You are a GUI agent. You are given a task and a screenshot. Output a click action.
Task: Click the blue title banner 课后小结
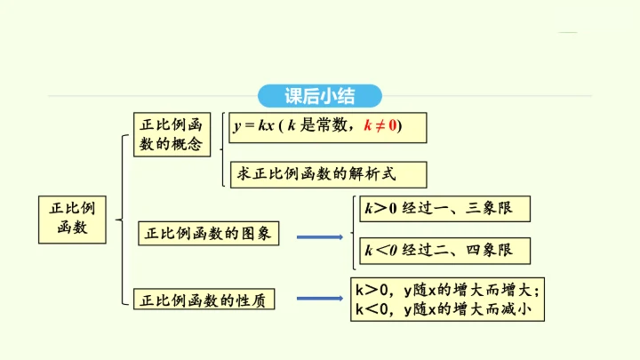[x=320, y=96]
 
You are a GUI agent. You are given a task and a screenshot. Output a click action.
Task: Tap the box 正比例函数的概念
[x=172, y=134]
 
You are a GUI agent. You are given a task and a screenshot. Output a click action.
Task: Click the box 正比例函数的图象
[x=209, y=234]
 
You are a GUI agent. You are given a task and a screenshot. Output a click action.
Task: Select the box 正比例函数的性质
[x=204, y=300]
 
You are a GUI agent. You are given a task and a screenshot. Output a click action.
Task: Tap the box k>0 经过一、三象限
[x=445, y=209]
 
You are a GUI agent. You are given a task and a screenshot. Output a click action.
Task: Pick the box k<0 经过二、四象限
[x=445, y=251]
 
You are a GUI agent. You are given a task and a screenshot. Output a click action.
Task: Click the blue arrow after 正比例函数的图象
[x=319, y=236]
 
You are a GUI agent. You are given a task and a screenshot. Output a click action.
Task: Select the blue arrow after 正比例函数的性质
[x=319, y=300]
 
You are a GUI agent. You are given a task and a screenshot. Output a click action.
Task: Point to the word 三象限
[x=492, y=209]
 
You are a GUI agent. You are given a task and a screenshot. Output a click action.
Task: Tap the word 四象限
[x=492, y=251]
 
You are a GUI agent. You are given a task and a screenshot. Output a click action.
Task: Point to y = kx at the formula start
[x=254, y=126]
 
